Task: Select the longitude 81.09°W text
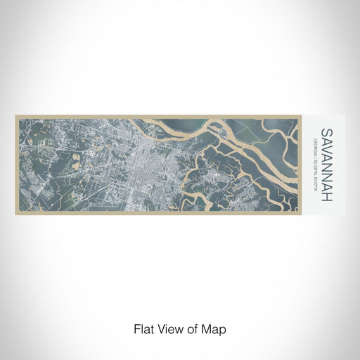pyautogui.click(x=314, y=185)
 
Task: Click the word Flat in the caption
pyautogui.click(x=144, y=328)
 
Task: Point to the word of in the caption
pyautogui.click(x=194, y=328)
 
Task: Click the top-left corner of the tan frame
pyautogui.click(x=15, y=116)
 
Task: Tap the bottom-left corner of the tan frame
pyautogui.click(x=15, y=214)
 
